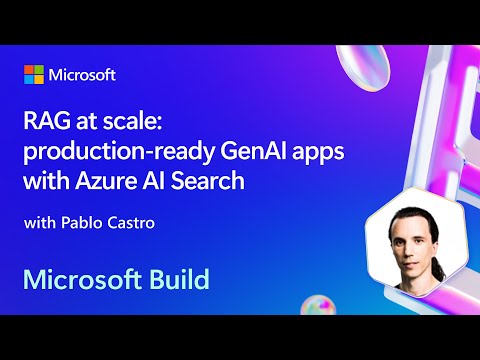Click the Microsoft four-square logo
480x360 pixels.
pyautogui.click(x=35, y=76)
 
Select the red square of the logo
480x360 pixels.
pyautogui.click(x=29, y=70)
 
